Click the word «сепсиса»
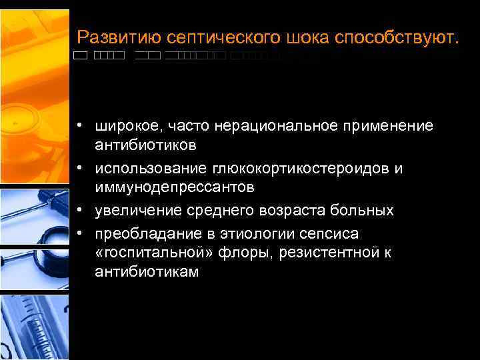pos(329,234)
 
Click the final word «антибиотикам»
pos(147,272)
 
